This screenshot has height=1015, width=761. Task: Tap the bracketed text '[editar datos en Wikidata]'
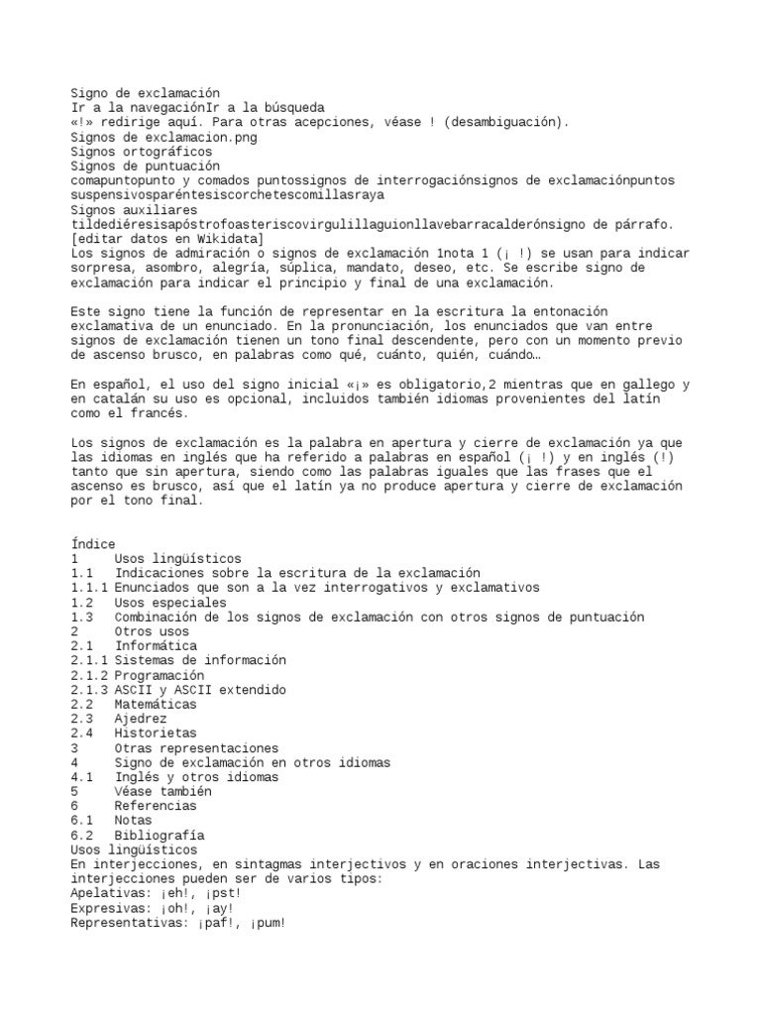[x=167, y=239]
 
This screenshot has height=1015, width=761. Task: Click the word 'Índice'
[x=93, y=544]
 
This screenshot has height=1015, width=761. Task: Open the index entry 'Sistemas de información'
[x=199, y=660]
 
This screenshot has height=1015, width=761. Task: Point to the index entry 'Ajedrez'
[x=140, y=719]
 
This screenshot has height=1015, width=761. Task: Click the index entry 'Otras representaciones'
[x=195, y=748]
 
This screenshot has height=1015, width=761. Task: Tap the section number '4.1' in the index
[x=82, y=777]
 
